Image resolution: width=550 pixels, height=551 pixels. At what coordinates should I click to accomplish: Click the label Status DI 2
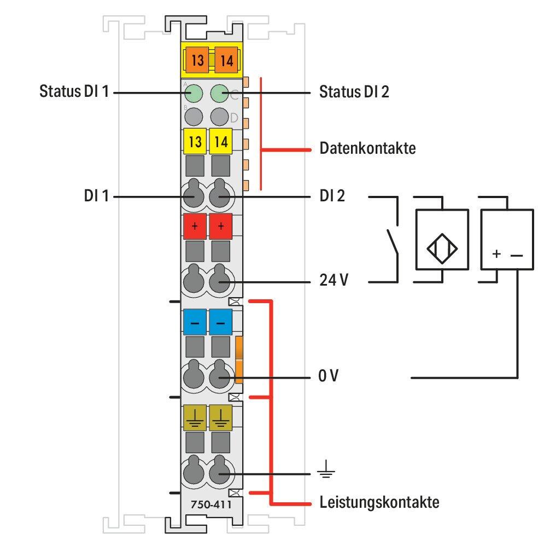[x=354, y=91]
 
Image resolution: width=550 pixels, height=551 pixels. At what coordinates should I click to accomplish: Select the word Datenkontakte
[x=367, y=148]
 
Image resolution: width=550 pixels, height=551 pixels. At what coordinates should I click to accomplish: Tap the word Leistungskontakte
[x=379, y=502]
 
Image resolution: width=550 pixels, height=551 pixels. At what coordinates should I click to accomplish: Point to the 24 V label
[x=333, y=280]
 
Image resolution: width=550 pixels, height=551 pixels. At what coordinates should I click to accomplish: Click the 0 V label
[x=329, y=376]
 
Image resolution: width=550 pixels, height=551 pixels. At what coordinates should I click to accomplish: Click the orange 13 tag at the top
[x=197, y=60]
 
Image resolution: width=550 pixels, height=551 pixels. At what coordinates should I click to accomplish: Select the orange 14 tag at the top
[x=226, y=60]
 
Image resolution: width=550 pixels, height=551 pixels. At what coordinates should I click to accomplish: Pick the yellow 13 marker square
[x=195, y=141]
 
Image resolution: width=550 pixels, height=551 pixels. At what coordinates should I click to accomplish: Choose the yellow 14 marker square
[x=221, y=141]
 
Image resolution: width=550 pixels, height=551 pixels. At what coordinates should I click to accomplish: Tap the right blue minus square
[x=221, y=322]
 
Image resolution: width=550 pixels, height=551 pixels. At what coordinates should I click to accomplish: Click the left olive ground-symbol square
[x=195, y=417]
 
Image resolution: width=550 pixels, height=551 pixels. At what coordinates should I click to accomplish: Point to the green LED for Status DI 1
[x=194, y=94]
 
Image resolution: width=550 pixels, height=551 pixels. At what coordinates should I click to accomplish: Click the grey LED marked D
[x=220, y=117]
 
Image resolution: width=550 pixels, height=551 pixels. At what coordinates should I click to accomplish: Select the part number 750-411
[x=212, y=504]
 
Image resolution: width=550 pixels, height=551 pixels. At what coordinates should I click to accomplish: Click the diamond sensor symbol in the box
[x=442, y=249]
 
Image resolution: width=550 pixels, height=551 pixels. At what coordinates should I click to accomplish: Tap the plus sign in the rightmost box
[x=496, y=254]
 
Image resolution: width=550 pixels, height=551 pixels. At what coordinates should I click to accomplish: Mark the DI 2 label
[x=332, y=196]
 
